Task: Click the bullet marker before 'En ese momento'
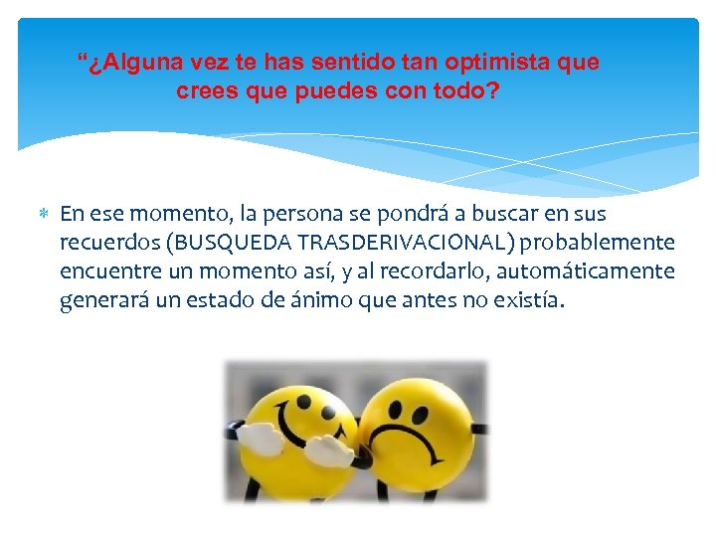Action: click(x=43, y=214)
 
